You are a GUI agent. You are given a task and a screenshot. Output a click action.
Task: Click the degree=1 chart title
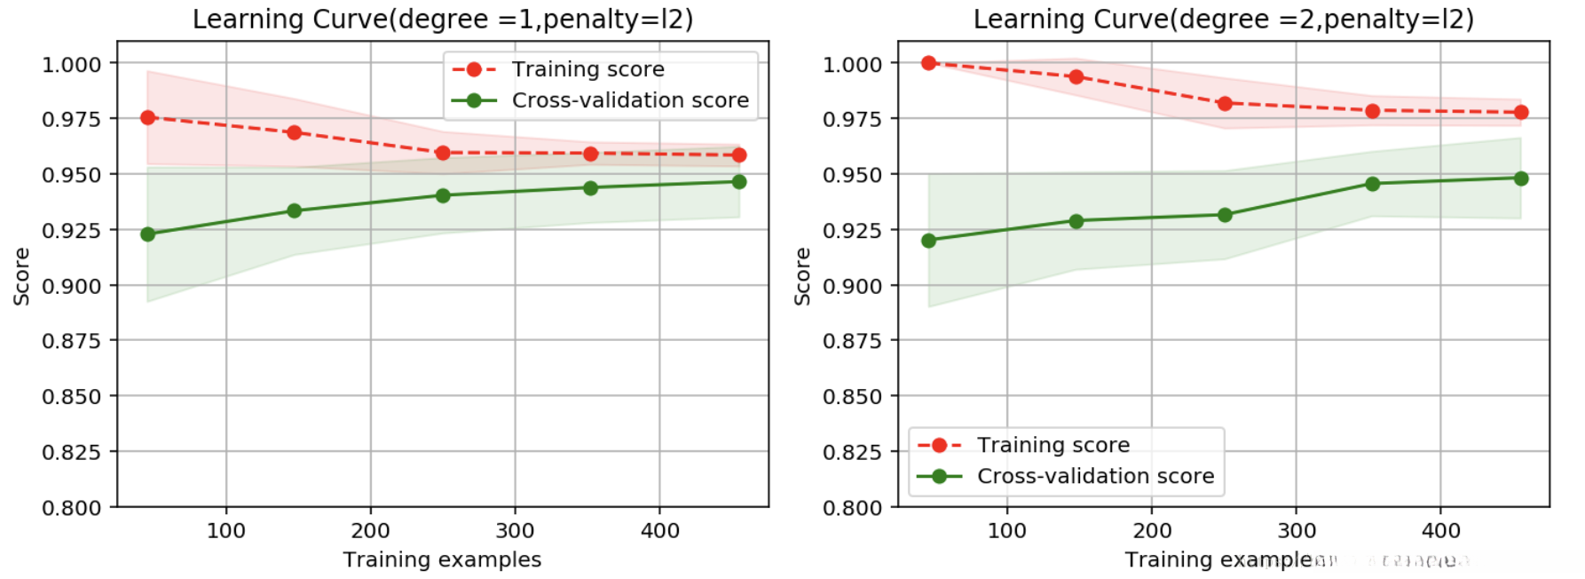point(442,19)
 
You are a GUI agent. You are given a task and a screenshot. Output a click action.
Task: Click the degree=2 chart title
point(1223,19)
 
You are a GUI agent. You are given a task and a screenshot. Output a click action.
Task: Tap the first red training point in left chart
point(148,117)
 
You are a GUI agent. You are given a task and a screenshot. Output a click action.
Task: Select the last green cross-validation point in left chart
point(739,182)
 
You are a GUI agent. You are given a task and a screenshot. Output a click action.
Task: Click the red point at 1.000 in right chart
point(929,63)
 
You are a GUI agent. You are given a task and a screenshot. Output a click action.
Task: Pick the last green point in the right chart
point(1521,178)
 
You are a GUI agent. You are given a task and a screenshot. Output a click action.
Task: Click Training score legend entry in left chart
point(587,69)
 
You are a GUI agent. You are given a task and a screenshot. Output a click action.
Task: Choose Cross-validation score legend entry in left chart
point(630,100)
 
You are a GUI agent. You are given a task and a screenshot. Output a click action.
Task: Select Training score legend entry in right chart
point(1053,445)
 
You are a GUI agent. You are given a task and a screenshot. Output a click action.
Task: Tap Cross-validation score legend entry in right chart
point(1095,476)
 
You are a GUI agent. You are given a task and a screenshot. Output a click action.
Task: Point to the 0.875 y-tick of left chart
point(72,341)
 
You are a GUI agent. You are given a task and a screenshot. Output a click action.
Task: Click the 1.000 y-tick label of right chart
point(853,64)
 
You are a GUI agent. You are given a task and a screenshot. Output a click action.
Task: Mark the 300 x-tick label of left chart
point(515,531)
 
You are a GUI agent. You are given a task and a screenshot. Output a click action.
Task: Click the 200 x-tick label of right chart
point(1152,531)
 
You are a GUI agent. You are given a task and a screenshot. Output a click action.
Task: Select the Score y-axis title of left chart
point(22,276)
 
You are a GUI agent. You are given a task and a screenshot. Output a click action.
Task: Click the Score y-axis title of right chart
point(803,276)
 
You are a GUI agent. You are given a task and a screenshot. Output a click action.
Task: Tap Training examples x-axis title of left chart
point(442,559)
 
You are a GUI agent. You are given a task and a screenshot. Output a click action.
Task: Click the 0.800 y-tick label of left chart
point(72,508)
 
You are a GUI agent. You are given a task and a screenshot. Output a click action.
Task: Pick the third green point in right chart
point(1226,215)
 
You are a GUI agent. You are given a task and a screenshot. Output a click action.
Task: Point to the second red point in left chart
point(295,132)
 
